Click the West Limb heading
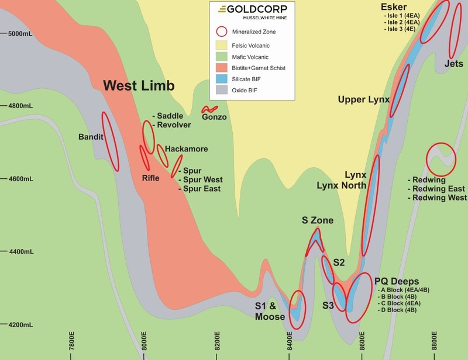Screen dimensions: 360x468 (139, 86)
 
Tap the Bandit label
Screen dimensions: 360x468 (90, 137)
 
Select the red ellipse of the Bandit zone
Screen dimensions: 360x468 (110, 141)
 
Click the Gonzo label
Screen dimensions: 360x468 (214, 117)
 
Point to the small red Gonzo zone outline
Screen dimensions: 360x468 (209, 109)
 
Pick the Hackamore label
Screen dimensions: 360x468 (187, 149)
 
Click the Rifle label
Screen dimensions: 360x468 (151, 178)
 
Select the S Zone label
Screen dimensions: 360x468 (317, 220)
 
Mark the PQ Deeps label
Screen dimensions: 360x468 (396, 281)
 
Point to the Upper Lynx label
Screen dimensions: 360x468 (363, 100)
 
